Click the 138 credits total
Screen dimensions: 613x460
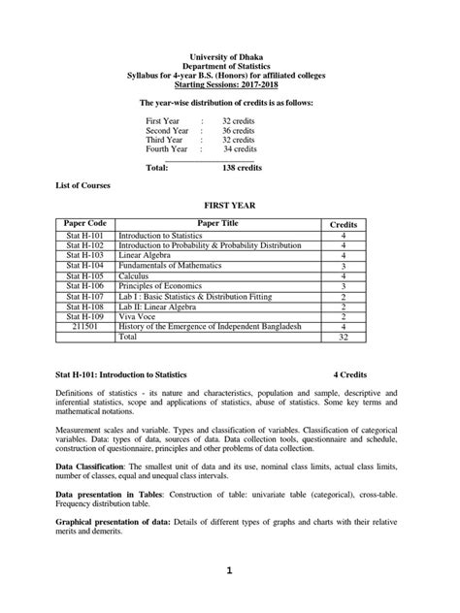click(x=242, y=168)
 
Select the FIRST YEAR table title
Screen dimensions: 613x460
click(x=229, y=207)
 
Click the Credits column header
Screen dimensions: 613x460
click(x=344, y=224)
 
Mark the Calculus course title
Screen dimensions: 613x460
click(x=137, y=276)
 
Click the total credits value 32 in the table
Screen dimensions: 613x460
click(x=344, y=338)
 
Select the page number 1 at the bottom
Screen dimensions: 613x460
click(x=230, y=571)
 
